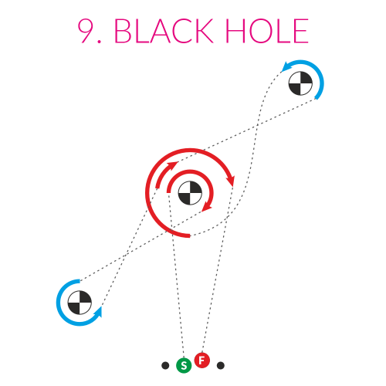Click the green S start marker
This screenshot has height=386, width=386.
[x=184, y=365]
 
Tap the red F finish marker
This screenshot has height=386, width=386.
[x=202, y=361]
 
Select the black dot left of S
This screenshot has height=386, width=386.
[x=165, y=365]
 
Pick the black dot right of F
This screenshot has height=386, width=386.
[x=221, y=365]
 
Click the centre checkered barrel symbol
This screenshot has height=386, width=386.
[x=190, y=193]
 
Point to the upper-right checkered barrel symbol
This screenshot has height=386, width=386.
[x=300, y=83]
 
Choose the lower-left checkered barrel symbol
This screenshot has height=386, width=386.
[x=80, y=303]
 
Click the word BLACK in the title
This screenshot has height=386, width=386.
[x=164, y=31]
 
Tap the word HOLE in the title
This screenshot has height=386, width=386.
[x=266, y=31]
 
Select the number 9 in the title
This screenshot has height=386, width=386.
[x=87, y=31]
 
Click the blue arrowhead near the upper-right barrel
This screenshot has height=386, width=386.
[x=286, y=66]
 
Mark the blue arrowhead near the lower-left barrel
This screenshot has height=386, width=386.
[x=98, y=312]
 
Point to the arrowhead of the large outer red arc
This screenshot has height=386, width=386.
[x=231, y=180]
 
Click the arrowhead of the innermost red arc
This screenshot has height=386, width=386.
[x=207, y=207]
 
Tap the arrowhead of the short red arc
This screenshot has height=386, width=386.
[x=173, y=164]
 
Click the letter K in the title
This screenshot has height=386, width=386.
[x=204, y=31]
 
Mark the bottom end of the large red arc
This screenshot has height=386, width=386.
[x=190, y=236]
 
